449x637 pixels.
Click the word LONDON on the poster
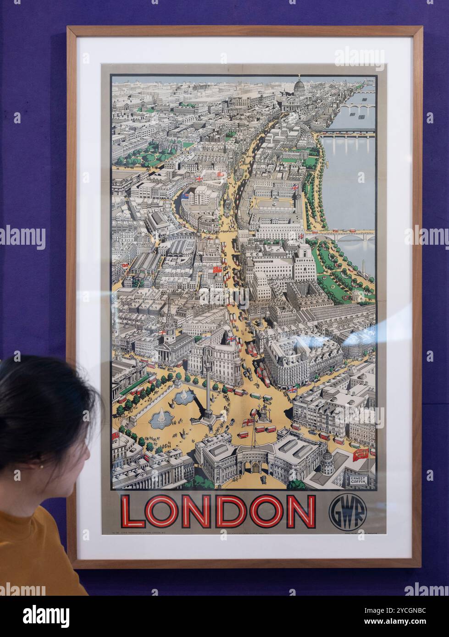coord(218,511)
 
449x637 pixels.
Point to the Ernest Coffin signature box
coord(359,480)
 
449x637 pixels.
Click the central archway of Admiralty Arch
coord(254,467)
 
